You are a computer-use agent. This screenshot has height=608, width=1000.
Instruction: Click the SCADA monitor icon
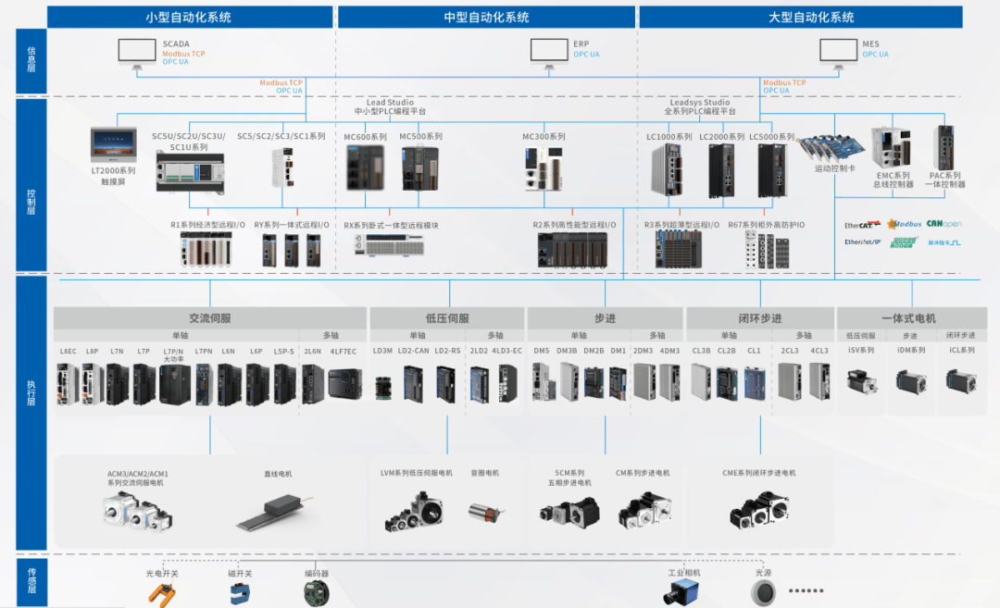click(137, 52)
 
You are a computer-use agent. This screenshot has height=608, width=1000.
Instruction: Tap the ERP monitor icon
click(548, 52)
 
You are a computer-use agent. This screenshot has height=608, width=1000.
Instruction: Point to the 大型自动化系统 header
click(811, 18)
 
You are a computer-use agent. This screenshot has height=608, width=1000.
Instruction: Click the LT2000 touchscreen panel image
click(114, 145)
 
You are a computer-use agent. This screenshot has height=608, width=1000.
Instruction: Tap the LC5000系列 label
click(771, 137)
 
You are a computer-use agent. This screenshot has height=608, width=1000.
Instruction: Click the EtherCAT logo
click(860, 224)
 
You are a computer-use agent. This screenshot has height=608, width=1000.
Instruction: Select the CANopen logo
click(944, 224)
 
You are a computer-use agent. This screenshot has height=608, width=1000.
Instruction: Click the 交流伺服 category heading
click(209, 318)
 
